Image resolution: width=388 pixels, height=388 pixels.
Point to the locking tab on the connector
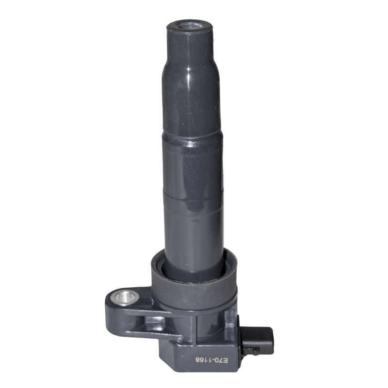coord(255,351)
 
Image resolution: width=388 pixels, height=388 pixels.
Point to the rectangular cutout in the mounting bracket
coord(154,321)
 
